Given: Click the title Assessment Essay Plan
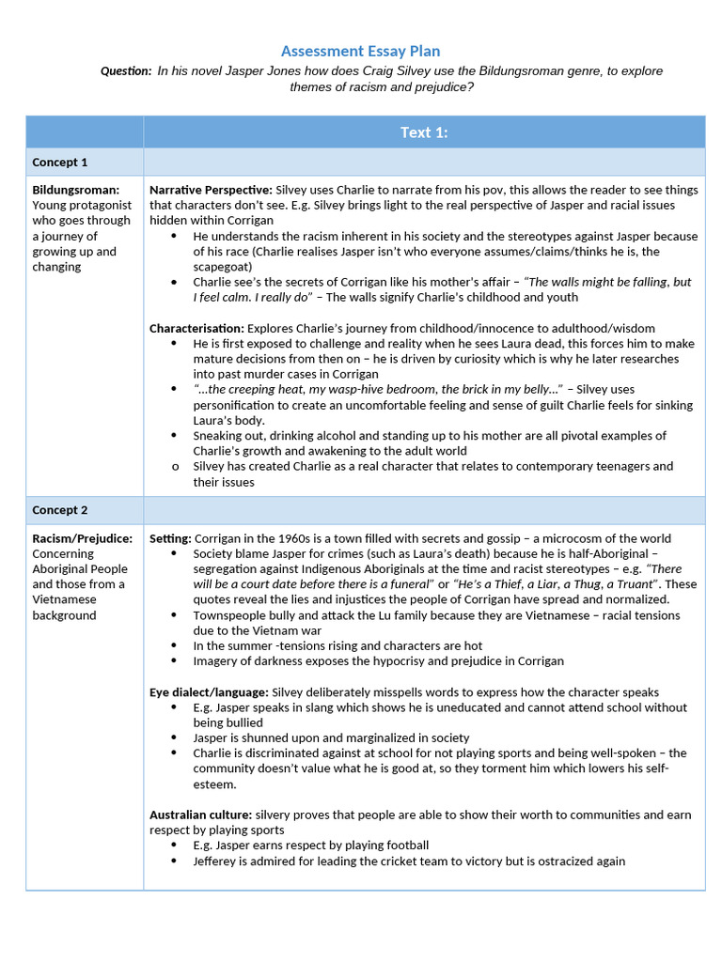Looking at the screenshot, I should [360, 51].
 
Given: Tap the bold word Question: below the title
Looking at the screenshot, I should [126, 71].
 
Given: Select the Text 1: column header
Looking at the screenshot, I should [424, 132].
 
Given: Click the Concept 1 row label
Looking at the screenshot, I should [60, 162].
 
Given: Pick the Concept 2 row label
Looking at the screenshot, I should [60, 510].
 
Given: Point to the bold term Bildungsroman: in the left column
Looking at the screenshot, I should [75, 190].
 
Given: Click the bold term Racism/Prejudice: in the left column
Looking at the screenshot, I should [82, 538].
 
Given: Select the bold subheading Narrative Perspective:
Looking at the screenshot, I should [211, 190].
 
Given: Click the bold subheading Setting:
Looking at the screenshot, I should [170, 538].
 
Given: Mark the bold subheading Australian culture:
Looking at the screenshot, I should [200, 815].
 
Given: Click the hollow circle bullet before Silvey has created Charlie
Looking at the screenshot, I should [175, 466].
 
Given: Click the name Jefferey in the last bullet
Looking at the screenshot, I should [217, 861].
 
